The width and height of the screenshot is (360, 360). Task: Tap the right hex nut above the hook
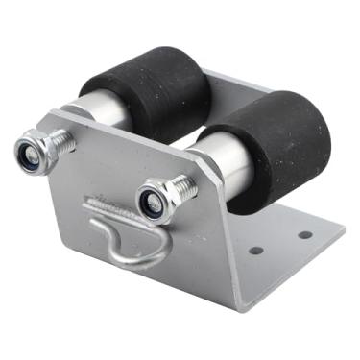click(x=154, y=202)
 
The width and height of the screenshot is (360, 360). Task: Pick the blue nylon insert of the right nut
click(x=151, y=203)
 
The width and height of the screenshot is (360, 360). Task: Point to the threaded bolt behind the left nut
click(x=60, y=142)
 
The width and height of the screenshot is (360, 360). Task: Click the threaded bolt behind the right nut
click(x=181, y=188)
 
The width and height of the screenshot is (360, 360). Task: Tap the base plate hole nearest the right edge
click(x=305, y=234)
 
